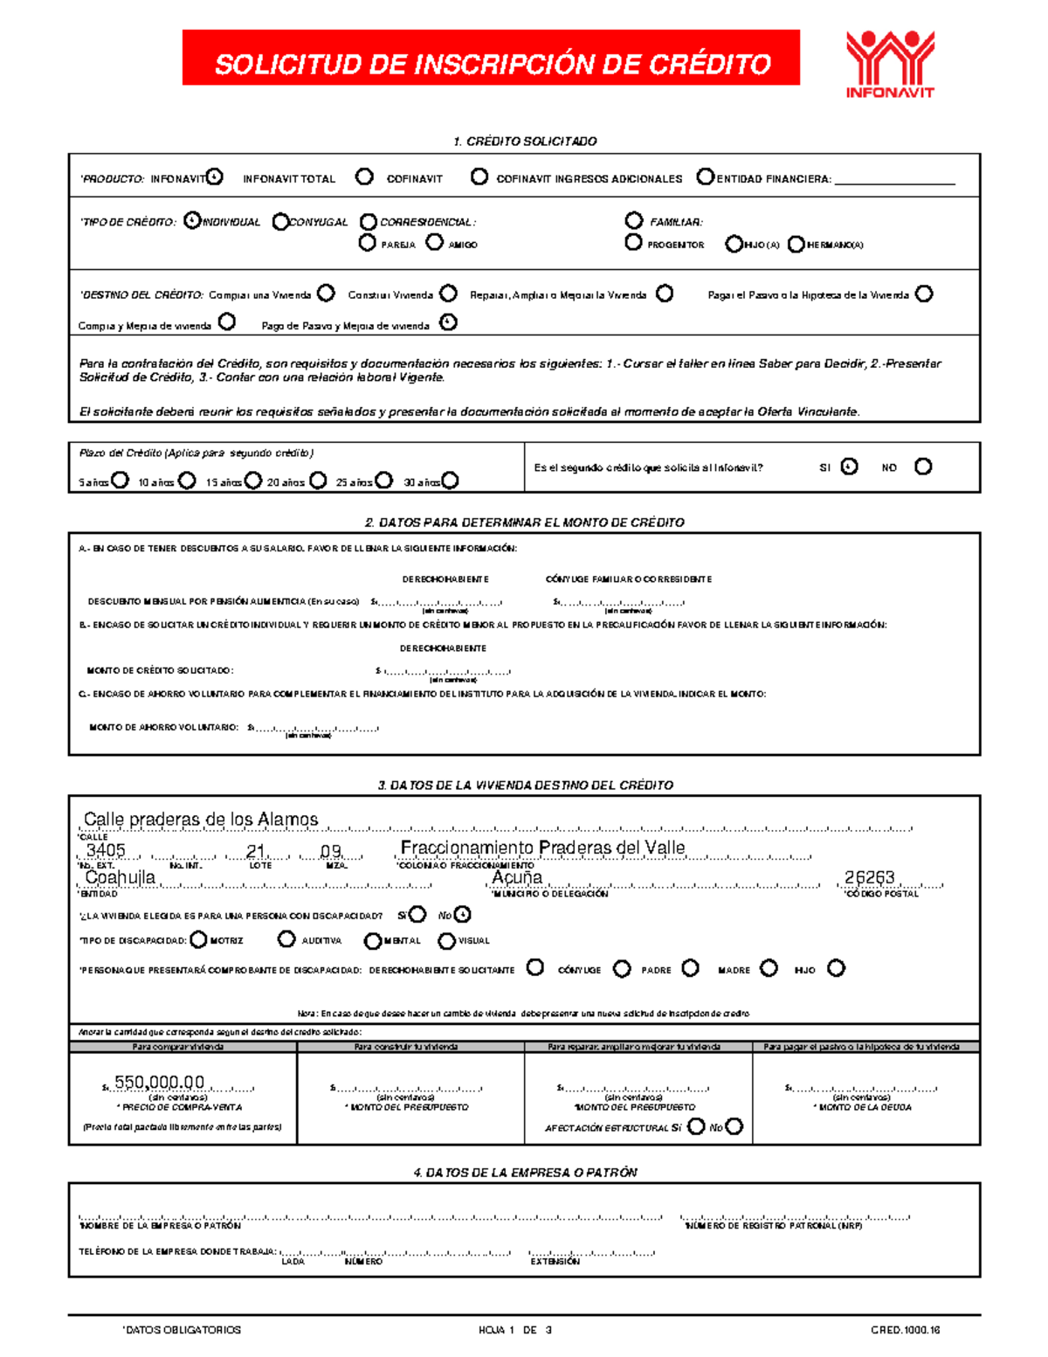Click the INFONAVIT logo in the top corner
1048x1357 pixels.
tap(889, 64)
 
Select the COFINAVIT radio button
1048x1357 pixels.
tap(479, 177)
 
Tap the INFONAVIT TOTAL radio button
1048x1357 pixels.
tap(364, 177)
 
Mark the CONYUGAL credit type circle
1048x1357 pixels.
tap(280, 222)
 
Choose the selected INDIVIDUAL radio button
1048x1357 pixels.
tap(192, 221)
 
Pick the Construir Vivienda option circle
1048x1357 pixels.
tap(448, 294)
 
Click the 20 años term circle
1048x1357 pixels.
tap(319, 481)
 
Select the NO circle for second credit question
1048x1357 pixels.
tap(923, 467)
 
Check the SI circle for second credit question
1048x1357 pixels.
tap(849, 467)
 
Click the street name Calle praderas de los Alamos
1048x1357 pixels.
tap(201, 819)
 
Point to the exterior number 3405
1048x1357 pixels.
tap(106, 850)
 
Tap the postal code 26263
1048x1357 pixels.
tap(869, 877)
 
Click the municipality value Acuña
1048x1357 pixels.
tap(517, 877)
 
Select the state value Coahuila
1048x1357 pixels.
tap(121, 877)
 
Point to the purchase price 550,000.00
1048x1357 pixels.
tap(159, 1083)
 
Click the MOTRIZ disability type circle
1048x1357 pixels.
tap(198, 939)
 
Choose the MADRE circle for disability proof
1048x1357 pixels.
tap(769, 968)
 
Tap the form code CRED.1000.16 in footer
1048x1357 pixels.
tap(905, 1330)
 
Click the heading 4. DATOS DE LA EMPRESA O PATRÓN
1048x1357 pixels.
tap(525, 1173)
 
